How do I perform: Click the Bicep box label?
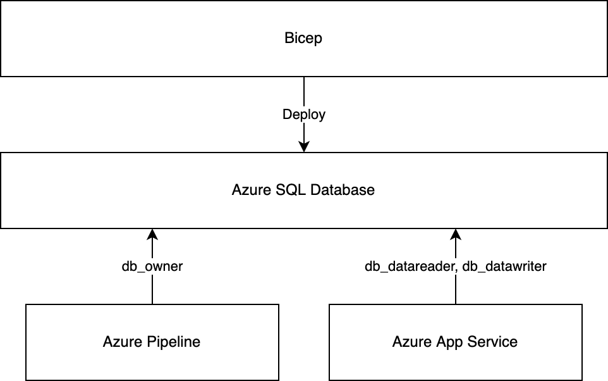pos(303,38)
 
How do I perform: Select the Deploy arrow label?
pos(303,115)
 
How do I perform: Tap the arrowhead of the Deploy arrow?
pos(304,146)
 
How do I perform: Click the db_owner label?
pos(152,266)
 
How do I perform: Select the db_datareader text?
pos(410,266)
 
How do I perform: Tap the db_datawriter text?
pos(504,266)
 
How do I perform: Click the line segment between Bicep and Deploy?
pos(304,92)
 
